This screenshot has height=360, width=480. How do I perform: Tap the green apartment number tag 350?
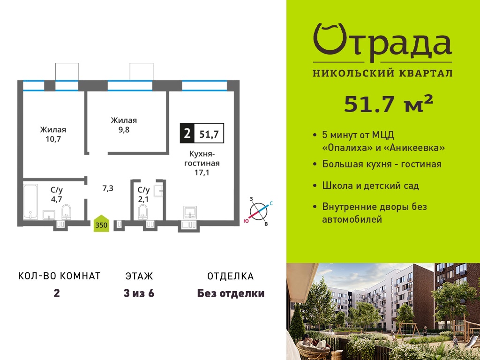click(x=101, y=224)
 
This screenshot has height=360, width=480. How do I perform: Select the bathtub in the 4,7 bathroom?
click(x=30, y=202)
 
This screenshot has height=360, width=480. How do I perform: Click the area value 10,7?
click(x=53, y=139)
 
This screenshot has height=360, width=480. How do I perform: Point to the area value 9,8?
click(x=123, y=130)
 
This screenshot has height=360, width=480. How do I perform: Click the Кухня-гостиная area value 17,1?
click(x=202, y=172)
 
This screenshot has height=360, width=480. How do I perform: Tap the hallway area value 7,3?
click(x=107, y=188)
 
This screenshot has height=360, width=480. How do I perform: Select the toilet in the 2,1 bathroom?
click(x=142, y=212)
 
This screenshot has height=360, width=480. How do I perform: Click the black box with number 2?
click(x=187, y=133)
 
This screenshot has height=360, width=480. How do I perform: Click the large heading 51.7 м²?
click(x=389, y=104)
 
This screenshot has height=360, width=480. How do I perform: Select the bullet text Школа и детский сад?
click(x=370, y=186)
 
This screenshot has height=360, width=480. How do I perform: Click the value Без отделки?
click(x=231, y=293)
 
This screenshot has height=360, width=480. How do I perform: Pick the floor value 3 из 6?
click(x=139, y=293)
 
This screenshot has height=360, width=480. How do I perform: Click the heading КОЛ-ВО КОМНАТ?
click(x=59, y=276)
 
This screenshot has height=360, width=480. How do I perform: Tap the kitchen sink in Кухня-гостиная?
click(x=190, y=212)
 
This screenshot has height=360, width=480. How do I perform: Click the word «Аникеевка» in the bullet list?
click(x=414, y=148)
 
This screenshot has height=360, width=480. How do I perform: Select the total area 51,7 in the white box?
click(x=209, y=134)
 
